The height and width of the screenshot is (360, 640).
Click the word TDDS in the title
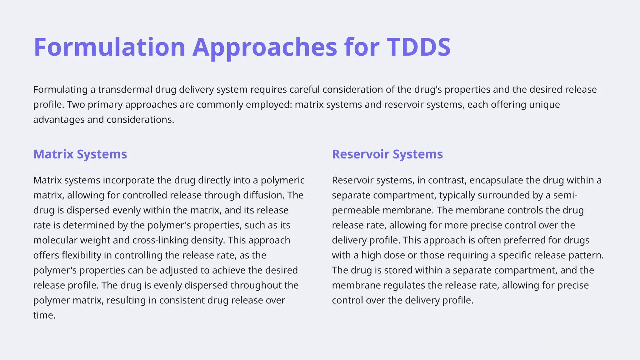click(418, 47)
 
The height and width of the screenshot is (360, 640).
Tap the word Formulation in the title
click(109, 47)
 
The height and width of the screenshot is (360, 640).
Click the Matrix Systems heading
click(80, 154)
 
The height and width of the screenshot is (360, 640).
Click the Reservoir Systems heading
click(387, 154)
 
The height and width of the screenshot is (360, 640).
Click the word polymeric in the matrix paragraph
click(282, 180)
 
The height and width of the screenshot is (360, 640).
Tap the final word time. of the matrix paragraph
click(44, 315)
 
